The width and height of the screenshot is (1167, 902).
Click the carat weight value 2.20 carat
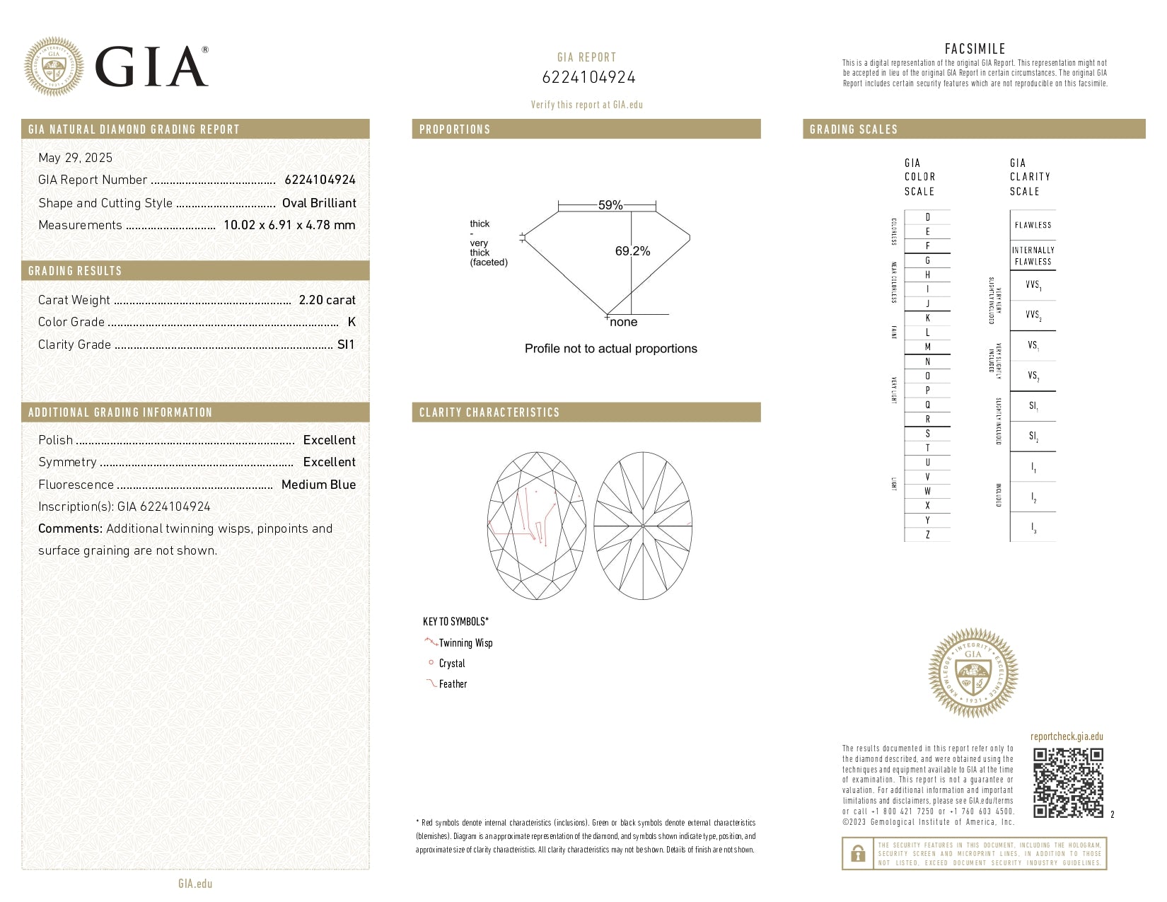click(327, 300)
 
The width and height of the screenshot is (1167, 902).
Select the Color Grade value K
click(352, 322)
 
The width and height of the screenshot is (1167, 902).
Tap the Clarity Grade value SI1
click(346, 345)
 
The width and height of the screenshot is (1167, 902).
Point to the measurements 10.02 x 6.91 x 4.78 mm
click(289, 225)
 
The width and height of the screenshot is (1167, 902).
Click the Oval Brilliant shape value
click(319, 203)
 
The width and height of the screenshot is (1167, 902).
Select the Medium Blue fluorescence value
click(318, 485)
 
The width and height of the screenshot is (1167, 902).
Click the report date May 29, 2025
click(75, 158)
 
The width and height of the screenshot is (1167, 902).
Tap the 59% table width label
click(610, 205)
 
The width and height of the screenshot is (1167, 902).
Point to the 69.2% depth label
click(632, 251)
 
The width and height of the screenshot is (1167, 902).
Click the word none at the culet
click(623, 323)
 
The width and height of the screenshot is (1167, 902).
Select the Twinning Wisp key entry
click(465, 643)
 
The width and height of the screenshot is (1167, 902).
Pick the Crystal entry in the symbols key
click(452, 664)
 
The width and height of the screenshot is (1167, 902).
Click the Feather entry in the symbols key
click(453, 684)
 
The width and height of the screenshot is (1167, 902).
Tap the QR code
click(1068, 782)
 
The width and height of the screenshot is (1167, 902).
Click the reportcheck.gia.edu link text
click(1067, 736)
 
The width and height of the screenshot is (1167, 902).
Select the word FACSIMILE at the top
click(975, 49)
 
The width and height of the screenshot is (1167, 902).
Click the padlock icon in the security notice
click(858, 853)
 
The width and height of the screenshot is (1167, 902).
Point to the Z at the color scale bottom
click(927, 535)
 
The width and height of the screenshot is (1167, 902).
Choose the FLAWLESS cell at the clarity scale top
click(1033, 225)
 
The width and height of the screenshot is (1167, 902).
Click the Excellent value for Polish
click(329, 440)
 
